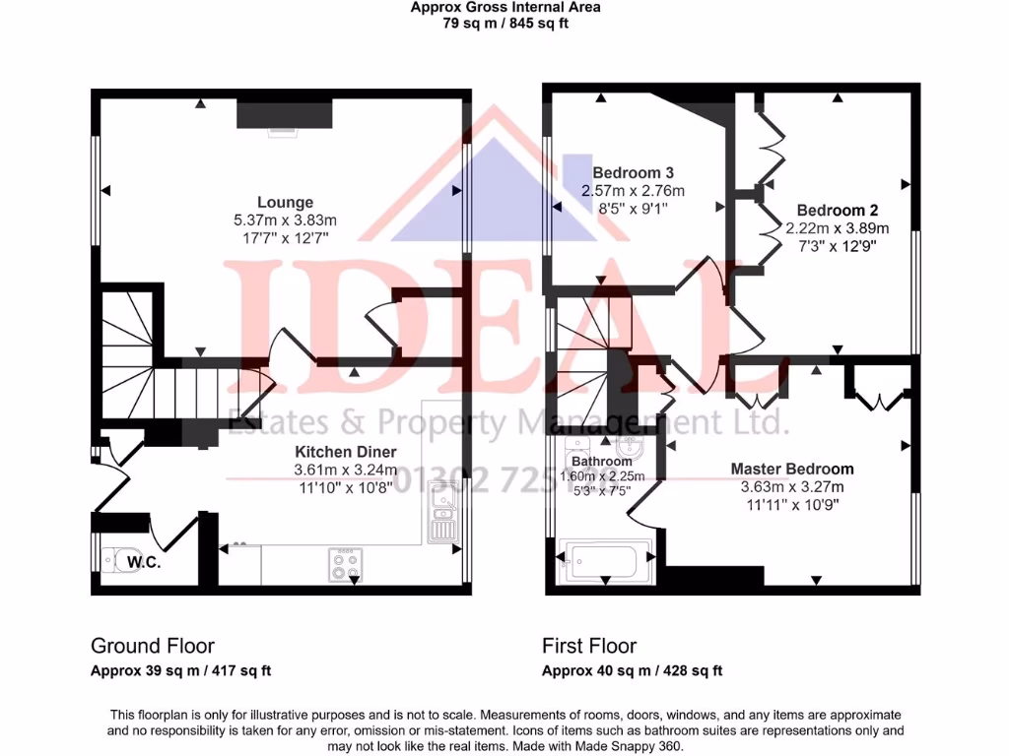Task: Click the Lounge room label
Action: coord(286,203)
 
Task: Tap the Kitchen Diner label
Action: coord(347,452)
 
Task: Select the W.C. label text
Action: coord(144,563)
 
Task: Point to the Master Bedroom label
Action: coord(791,469)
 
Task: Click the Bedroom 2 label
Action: coord(837,210)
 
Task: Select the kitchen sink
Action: coord(442,514)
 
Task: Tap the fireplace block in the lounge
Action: coord(284,114)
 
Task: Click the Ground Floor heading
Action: coord(153,646)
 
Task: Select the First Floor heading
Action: coord(589,646)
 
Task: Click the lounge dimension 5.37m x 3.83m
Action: coord(286,220)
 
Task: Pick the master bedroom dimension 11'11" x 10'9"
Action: coord(791,504)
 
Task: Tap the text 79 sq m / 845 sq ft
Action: coord(504,24)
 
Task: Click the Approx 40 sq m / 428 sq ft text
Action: coord(632,671)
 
